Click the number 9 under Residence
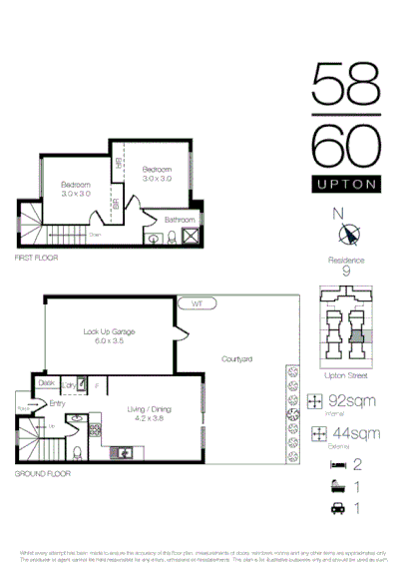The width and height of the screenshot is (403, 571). point(346,271)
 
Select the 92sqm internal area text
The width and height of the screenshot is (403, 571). point(353,400)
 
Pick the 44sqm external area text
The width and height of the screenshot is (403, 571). point(353,433)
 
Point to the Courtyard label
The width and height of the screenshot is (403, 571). point(235,358)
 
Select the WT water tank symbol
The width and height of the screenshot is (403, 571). point(198,301)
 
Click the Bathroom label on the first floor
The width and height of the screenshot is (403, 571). point(181,219)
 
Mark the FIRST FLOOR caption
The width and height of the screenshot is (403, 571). point(36,258)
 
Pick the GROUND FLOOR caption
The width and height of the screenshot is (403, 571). point(42,473)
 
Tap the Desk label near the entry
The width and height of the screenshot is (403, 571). point(46,382)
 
